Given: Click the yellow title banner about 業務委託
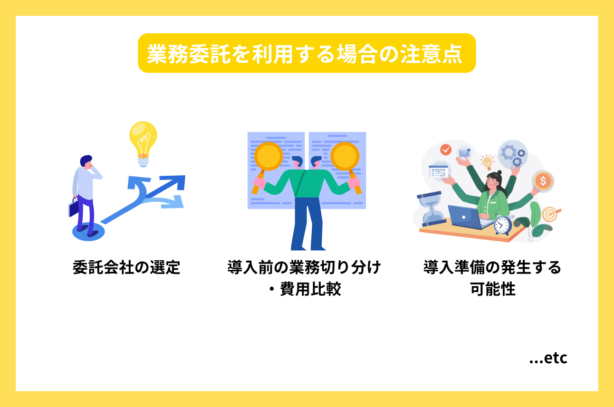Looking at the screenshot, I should coord(306,53).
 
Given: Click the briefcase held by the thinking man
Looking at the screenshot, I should coord(73,207).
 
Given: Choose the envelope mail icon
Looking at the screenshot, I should coord(465,153).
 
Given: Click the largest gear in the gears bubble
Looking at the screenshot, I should coord(510,152).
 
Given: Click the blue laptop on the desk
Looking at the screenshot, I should coord(465,217).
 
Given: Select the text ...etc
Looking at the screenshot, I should coord(548,358).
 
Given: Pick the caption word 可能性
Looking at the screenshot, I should coord(493,290).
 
